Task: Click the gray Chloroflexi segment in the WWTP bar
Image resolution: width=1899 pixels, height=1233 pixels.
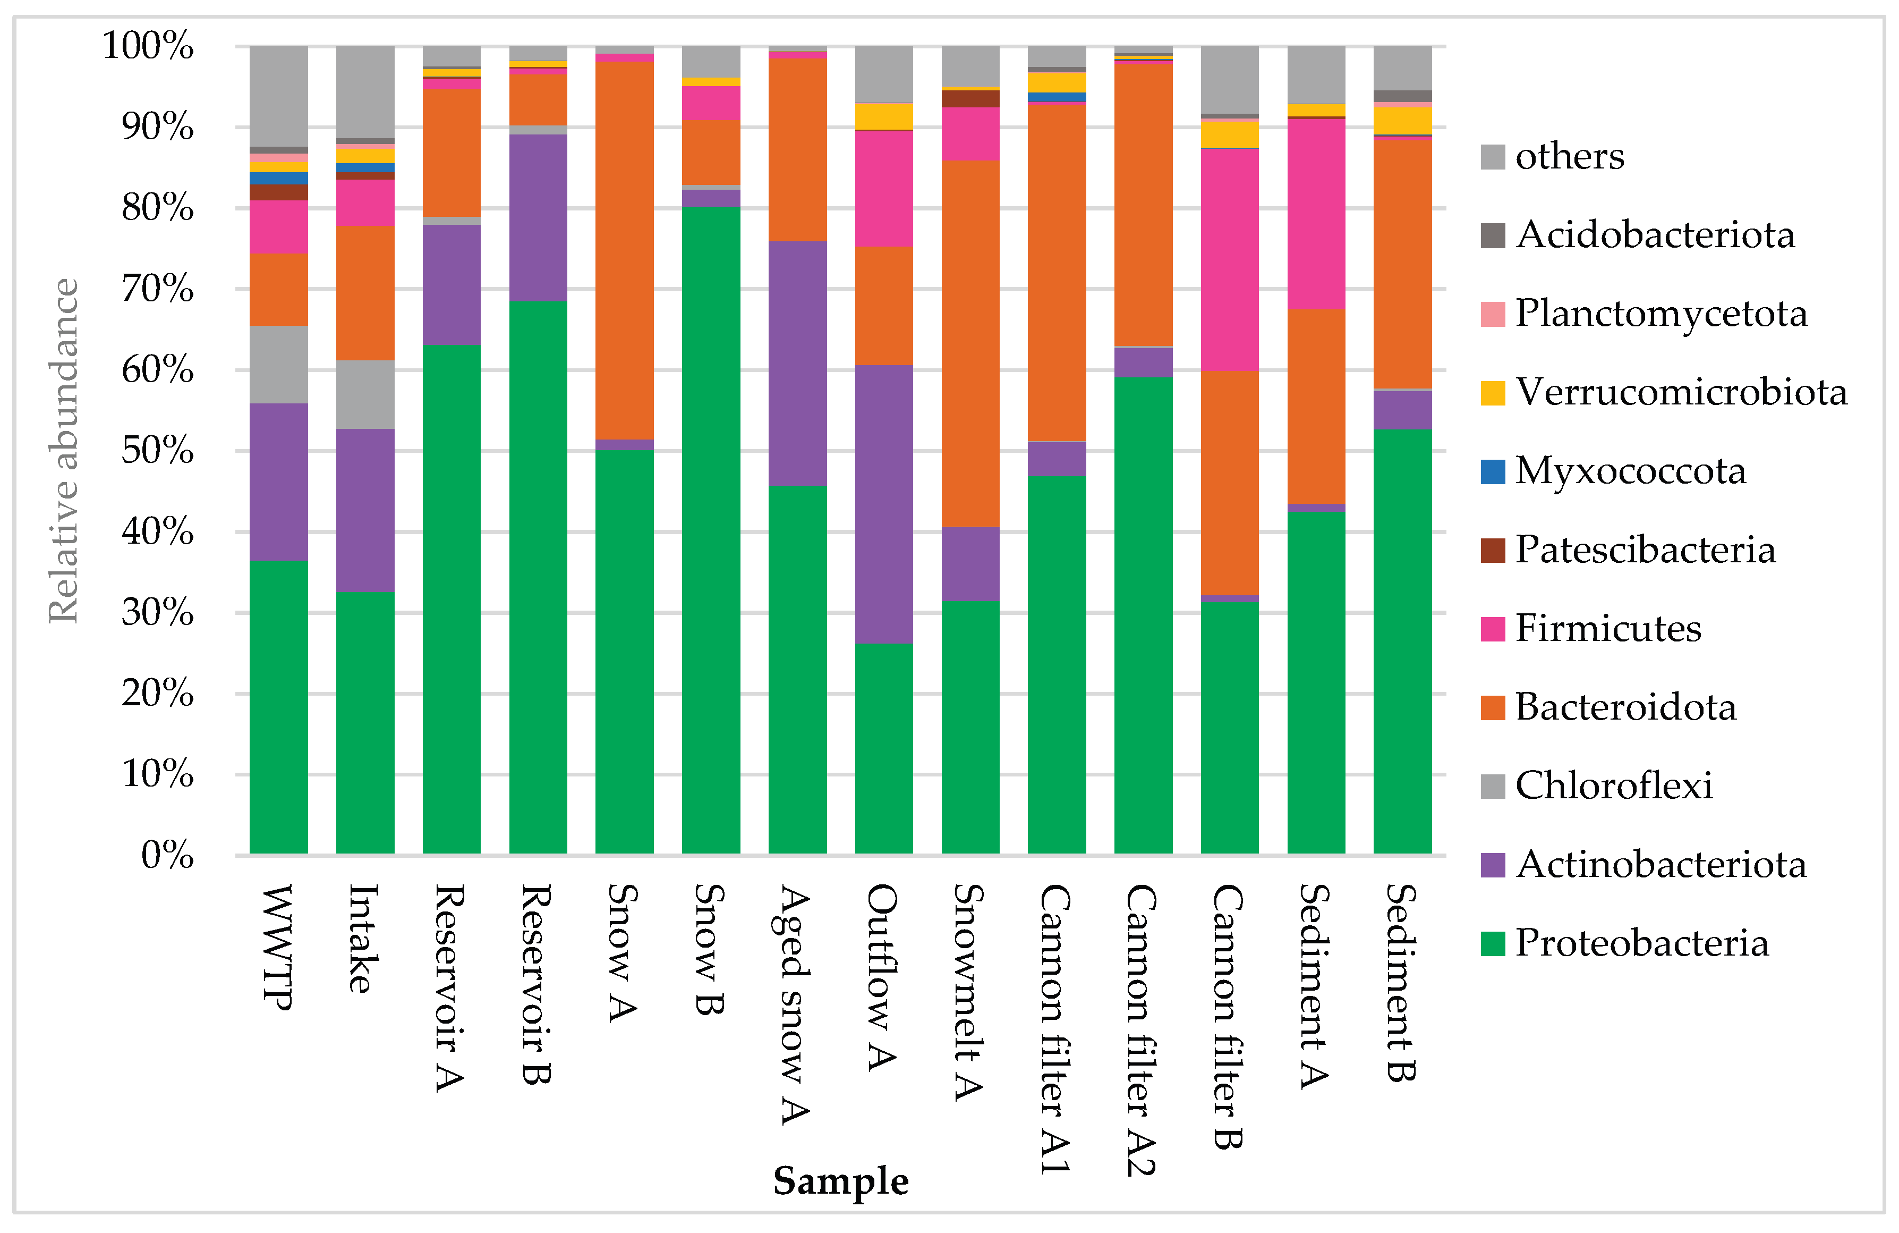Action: [x=278, y=364]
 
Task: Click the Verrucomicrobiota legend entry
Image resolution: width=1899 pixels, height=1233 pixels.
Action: [x=1680, y=392]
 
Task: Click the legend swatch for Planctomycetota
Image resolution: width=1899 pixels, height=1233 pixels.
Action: [x=1492, y=314]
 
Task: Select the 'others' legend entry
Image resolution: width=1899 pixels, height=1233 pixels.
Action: [x=1568, y=156]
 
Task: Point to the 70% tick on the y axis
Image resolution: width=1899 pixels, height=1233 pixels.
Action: [x=158, y=289]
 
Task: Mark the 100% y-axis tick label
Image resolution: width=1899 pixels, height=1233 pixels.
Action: [x=148, y=46]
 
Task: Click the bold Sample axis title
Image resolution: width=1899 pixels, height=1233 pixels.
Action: [x=840, y=1180]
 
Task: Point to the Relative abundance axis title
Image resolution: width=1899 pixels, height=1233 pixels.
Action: [x=64, y=450]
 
